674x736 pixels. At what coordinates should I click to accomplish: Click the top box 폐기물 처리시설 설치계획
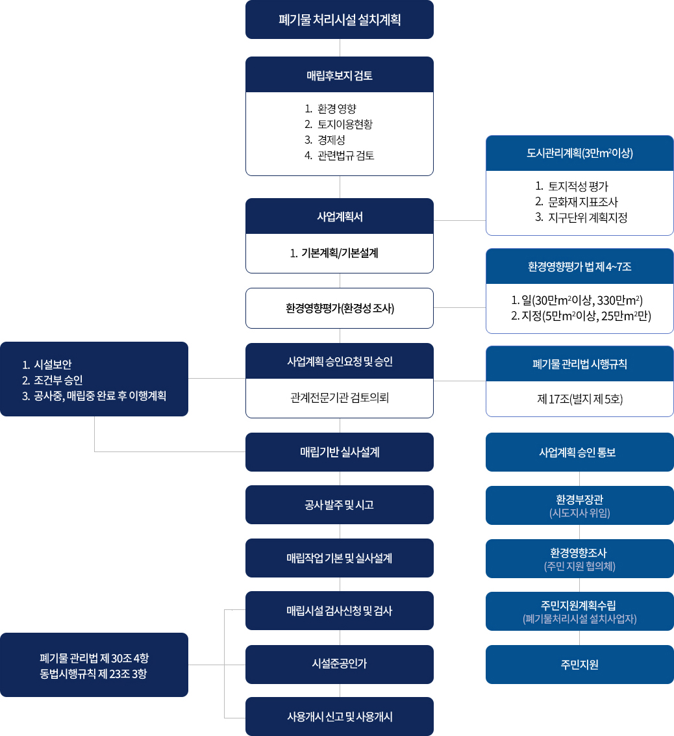click(339, 19)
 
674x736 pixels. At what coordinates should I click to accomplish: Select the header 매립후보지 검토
click(339, 75)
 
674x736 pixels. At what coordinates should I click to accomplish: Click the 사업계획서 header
click(339, 216)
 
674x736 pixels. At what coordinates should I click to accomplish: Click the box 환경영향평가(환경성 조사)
click(339, 308)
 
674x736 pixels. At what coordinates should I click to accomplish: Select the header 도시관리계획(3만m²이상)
click(579, 153)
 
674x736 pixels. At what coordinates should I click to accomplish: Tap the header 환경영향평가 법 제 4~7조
click(579, 266)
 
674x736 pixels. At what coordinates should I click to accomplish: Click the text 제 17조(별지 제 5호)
click(580, 399)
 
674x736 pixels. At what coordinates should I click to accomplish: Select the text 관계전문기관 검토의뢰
click(339, 398)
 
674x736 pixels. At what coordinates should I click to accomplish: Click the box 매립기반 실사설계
click(339, 452)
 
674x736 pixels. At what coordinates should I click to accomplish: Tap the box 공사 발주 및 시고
click(339, 505)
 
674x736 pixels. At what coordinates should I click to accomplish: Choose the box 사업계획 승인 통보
click(579, 452)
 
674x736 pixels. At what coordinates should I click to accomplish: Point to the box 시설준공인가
click(339, 664)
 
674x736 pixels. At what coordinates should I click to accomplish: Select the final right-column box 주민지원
click(579, 664)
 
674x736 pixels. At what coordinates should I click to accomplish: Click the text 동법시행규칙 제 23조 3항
click(94, 673)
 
